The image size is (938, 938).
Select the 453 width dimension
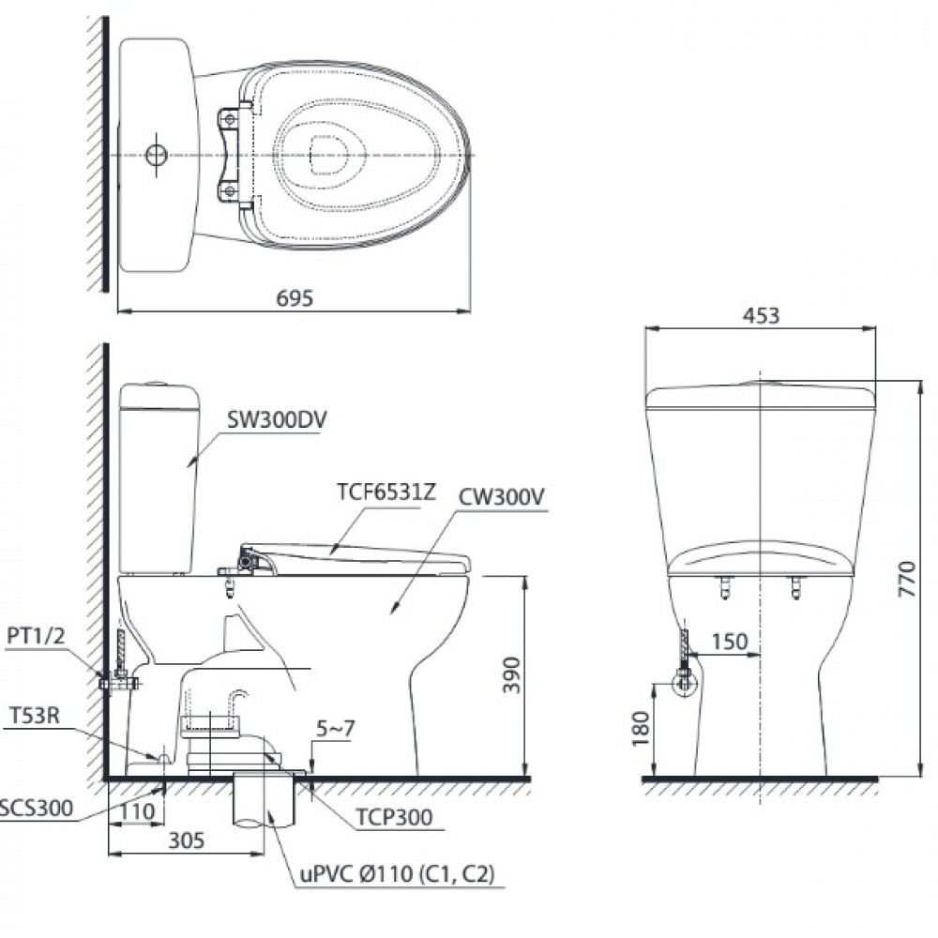[761, 316]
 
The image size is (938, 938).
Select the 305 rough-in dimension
[188, 841]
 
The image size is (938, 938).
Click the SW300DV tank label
[274, 421]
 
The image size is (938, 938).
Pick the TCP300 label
[394, 817]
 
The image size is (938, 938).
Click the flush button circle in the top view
[156, 155]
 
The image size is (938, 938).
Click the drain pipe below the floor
[265, 805]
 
